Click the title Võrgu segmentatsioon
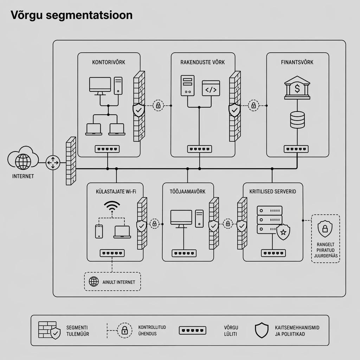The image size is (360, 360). click(71, 15)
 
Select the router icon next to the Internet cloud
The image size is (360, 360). click(53, 163)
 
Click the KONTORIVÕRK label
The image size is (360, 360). click(109, 62)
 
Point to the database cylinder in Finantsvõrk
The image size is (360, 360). click(297, 120)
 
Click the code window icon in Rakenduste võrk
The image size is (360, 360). click(211, 88)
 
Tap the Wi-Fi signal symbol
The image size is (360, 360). click(112, 207)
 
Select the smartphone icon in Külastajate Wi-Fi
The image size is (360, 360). click(99, 231)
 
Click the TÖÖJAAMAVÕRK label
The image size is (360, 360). click(188, 191)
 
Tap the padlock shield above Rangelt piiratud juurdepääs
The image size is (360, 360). click(325, 229)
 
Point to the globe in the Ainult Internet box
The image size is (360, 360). click(94, 282)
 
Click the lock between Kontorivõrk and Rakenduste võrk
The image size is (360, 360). click(158, 105)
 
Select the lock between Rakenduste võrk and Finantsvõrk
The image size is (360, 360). click(253, 105)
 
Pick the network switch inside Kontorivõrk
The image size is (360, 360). click(107, 149)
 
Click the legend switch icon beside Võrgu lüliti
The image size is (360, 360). click(192, 330)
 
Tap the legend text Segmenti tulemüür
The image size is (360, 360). click(77, 330)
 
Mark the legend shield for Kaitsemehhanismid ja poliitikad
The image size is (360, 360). click(261, 330)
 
